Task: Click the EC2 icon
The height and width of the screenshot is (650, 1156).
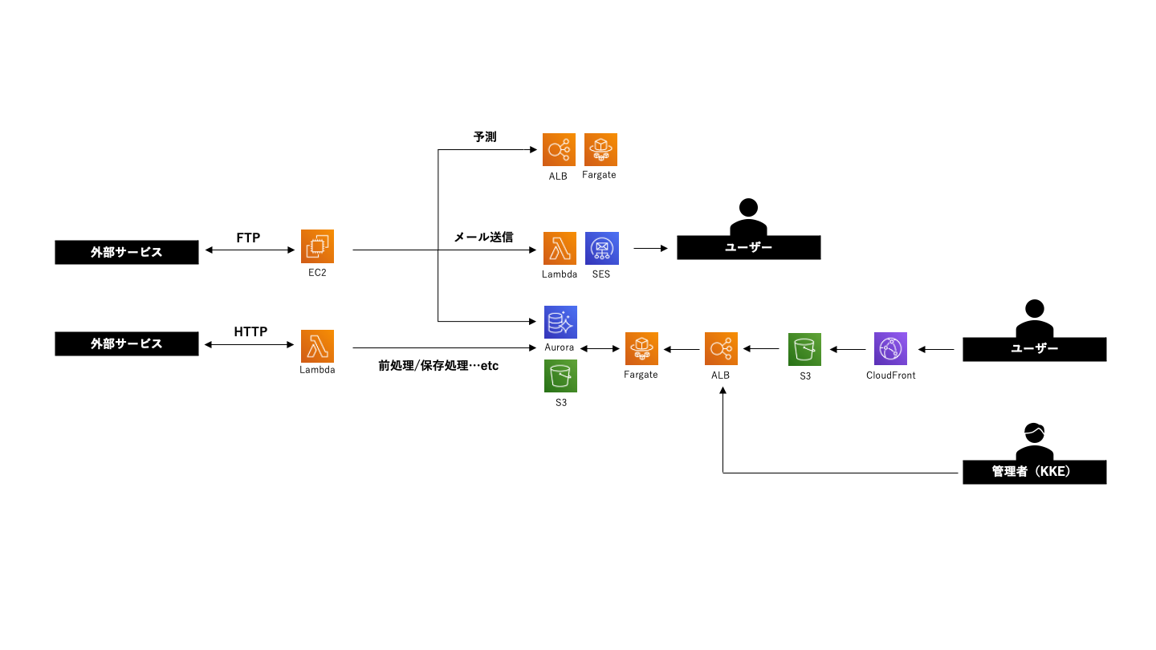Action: (x=317, y=246)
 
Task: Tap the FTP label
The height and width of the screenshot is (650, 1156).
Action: (x=248, y=238)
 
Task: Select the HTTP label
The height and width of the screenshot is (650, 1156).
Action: (x=250, y=331)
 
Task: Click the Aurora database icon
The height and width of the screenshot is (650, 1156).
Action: (x=560, y=322)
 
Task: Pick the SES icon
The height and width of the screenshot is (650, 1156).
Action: (x=601, y=248)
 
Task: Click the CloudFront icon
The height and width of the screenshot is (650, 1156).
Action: (x=890, y=349)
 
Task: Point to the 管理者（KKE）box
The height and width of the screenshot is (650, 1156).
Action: (x=1034, y=472)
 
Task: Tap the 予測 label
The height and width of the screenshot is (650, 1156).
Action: (x=485, y=137)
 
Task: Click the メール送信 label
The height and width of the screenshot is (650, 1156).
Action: (x=483, y=238)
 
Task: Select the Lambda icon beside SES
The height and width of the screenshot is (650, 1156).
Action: (x=560, y=248)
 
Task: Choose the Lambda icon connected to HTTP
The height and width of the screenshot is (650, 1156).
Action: (x=317, y=347)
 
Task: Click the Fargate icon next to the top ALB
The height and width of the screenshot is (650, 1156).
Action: (x=600, y=149)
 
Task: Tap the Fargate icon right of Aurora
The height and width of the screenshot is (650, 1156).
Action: (x=641, y=349)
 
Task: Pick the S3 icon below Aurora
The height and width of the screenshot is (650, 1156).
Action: (x=560, y=376)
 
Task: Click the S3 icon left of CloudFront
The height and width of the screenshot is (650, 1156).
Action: (x=804, y=349)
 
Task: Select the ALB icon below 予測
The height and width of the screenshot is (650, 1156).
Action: (x=559, y=150)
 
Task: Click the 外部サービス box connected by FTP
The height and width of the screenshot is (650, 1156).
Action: (x=126, y=252)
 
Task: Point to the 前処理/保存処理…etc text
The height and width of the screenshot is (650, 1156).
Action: (x=438, y=366)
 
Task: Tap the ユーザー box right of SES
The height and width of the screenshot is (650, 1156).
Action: (x=748, y=247)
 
